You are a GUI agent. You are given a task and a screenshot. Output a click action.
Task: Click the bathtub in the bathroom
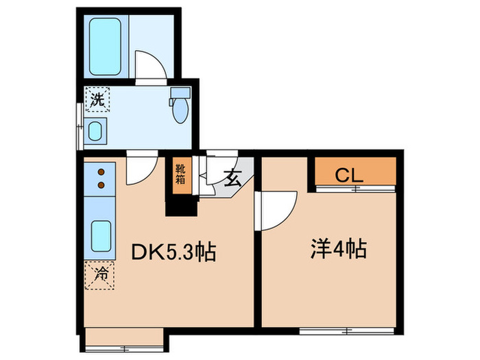coord(105,46)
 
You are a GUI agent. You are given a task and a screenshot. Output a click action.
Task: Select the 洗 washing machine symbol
coord(97,99)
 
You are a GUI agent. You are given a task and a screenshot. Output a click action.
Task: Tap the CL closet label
coord(348,175)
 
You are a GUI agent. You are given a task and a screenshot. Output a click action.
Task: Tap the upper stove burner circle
coord(100,172)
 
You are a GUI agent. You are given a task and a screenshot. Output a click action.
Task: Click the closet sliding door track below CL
coord(355,188)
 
